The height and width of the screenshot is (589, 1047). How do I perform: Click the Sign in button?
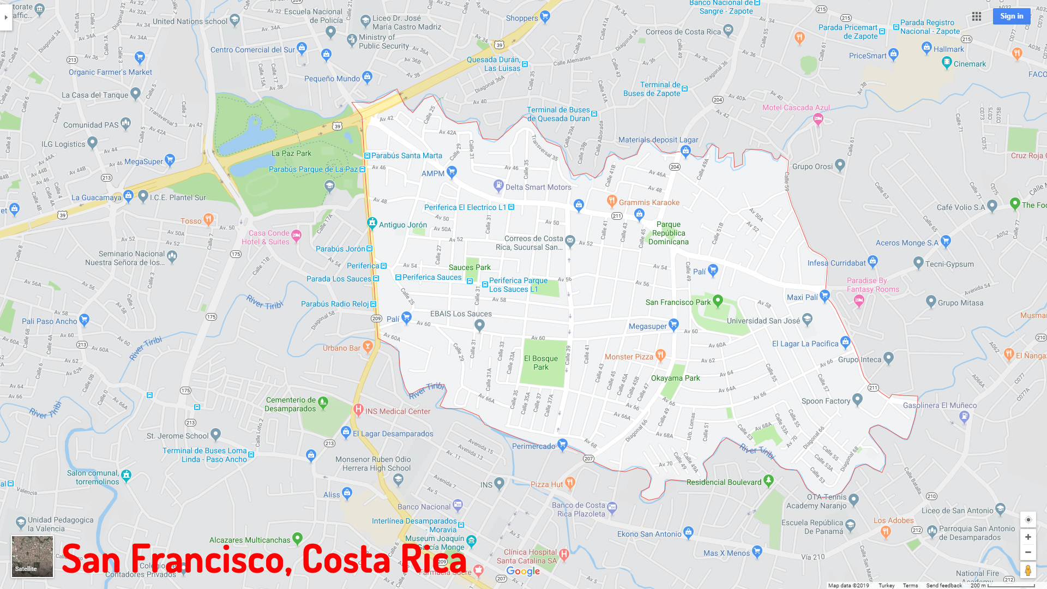point(1012,16)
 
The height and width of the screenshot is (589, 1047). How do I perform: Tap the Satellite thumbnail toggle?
point(33,556)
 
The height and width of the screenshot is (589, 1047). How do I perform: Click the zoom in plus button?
point(1028,537)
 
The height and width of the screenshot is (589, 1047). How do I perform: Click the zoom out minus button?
point(1028,552)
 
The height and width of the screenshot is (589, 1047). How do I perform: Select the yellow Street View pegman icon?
point(1028,570)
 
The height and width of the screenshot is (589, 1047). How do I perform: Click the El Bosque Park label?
point(541,363)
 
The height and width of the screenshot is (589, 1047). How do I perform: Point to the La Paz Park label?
point(291,154)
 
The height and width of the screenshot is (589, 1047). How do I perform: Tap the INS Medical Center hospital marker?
point(358,410)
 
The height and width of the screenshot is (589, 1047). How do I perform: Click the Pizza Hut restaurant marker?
point(570,483)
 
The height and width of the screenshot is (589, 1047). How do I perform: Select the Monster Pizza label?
point(629,357)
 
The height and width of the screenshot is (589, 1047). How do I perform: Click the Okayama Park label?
point(675,378)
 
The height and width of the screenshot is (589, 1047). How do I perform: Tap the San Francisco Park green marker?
point(718,300)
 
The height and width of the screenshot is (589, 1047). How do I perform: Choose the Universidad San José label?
point(763,321)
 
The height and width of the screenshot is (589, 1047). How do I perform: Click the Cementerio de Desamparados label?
point(290,404)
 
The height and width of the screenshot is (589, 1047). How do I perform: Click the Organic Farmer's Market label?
point(110,72)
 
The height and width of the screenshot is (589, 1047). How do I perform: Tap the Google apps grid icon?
point(977,16)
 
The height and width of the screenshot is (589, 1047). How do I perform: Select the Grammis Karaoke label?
point(649,202)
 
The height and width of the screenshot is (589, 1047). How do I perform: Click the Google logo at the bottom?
point(523,571)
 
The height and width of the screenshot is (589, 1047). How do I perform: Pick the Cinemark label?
point(970,64)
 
